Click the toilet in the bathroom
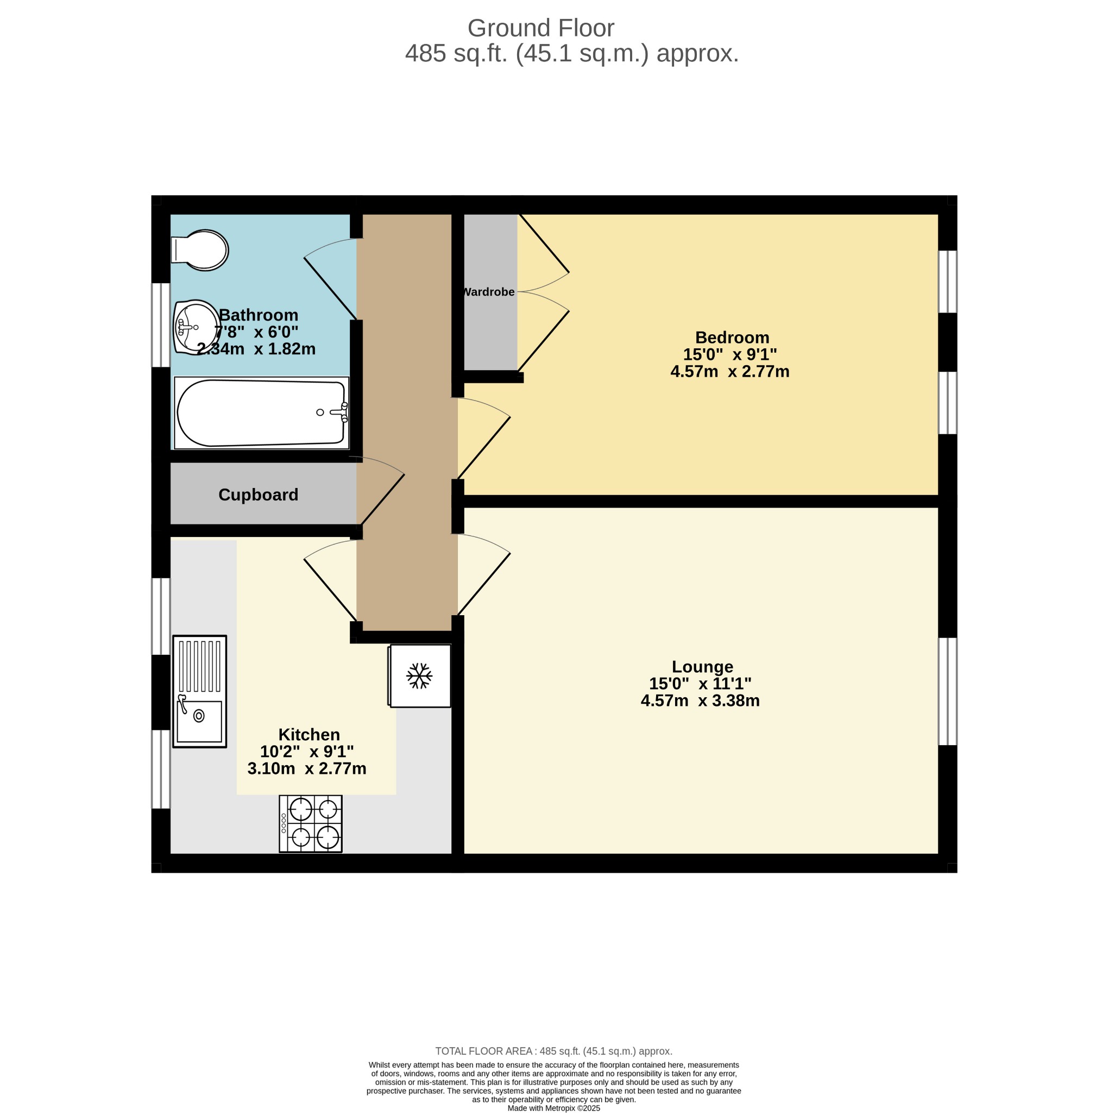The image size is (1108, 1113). coord(200,250)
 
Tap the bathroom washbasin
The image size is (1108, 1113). coord(196,327)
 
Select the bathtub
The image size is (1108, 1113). coord(261,412)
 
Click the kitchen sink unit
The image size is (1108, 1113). coord(200,691)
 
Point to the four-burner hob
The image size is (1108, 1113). coord(310,824)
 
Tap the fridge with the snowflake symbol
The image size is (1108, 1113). coord(419,676)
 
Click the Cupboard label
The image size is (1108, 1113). coord(258,495)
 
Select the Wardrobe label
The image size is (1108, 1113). coord(489,292)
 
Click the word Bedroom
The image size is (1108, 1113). coord(732,337)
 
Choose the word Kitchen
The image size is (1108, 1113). coord(309,735)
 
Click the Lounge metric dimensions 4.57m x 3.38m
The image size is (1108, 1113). coord(700,701)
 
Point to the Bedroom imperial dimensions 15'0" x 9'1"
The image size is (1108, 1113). coord(730,354)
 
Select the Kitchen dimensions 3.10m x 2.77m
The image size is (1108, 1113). coord(307,768)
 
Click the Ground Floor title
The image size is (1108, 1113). coord(541,28)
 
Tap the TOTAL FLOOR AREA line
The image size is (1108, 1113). coord(554,1052)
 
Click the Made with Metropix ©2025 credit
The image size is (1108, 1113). coord(554,1109)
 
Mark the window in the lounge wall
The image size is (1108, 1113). coord(948,691)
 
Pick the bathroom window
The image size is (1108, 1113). coord(161,325)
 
